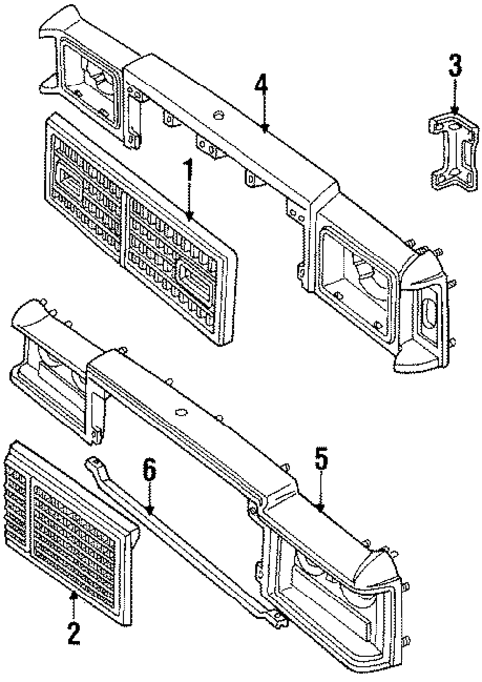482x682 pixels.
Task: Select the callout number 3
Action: pos(454,68)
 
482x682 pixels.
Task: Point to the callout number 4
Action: pos(261,83)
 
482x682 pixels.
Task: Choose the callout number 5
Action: pos(320,459)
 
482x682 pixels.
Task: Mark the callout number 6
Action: pos(149,470)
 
